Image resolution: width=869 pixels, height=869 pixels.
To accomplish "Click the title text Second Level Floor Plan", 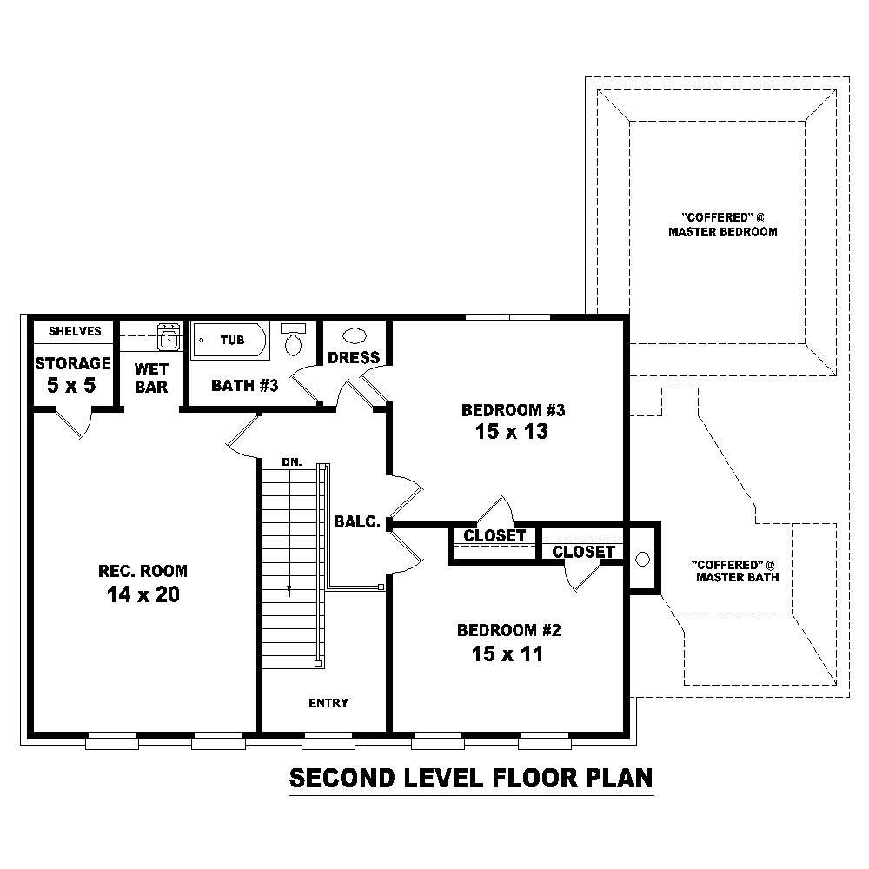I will (x=470, y=778).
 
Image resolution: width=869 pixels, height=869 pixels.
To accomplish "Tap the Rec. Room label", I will (x=143, y=571).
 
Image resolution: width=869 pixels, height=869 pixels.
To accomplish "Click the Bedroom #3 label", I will (x=507, y=409).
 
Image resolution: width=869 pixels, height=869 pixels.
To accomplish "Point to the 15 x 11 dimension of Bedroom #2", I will (x=507, y=653).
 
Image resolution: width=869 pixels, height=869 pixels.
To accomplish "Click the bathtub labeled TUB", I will (x=231, y=340).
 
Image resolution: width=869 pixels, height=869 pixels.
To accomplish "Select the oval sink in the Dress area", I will (x=355, y=335).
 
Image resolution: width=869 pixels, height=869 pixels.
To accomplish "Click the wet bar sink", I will (x=169, y=336).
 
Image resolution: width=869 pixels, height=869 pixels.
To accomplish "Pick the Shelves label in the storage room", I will (x=75, y=331).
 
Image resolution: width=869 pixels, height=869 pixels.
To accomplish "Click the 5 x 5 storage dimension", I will (x=72, y=385).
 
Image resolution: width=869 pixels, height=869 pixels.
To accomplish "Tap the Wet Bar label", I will (x=151, y=378).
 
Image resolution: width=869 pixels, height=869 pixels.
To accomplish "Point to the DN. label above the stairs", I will (x=292, y=462).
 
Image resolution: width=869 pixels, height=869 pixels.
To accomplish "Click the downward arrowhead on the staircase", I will (x=289, y=591).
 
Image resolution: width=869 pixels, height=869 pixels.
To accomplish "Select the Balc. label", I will (x=357, y=522).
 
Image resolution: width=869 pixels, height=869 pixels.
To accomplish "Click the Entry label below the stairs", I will (x=328, y=703).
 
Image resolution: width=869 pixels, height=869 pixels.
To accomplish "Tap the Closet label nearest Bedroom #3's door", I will (x=494, y=536).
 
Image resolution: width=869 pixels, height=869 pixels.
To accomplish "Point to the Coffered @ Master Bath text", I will (x=735, y=570).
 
